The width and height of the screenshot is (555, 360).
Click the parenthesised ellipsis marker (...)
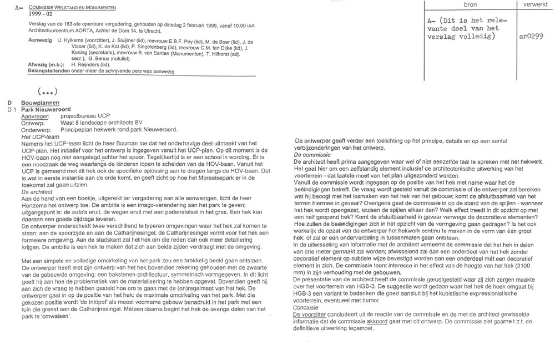pos(48,91)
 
